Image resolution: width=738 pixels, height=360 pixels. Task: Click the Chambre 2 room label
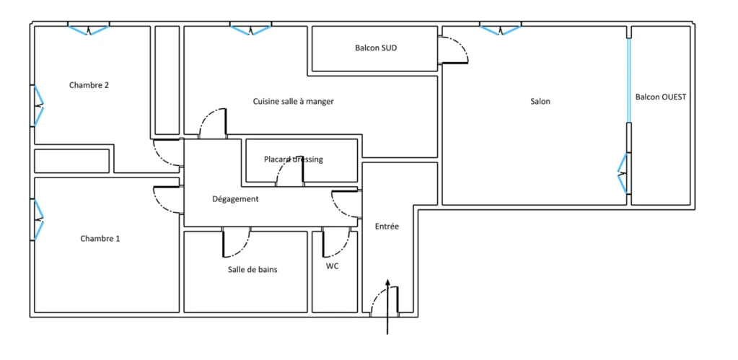[x=89, y=85]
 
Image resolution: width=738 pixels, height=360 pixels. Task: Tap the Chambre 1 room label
[x=100, y=239]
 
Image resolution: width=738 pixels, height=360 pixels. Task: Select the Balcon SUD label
[x=373, y=48]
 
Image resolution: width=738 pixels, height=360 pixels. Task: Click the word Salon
[x=540, y=101]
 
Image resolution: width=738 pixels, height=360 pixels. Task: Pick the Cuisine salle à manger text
[x=294, y=101]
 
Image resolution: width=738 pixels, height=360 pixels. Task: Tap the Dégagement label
[x=235, y=199]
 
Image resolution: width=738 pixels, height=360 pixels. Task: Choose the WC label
[x=333, y=266]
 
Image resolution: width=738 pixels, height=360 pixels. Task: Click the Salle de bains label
[x=252, y=270]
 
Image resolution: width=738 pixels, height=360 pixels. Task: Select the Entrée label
[x=387, y=227]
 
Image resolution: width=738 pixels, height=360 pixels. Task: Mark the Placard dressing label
[x=294, y=159]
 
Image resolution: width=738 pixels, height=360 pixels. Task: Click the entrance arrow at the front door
[x=387, y=306]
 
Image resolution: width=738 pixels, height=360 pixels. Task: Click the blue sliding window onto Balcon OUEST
[x=628, y=80]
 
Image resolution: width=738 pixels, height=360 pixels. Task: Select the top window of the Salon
[x=501, y=30]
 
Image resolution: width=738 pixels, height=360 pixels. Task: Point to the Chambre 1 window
[x=38, y=220]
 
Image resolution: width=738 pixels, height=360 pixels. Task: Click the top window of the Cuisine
[x=251, y=30]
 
